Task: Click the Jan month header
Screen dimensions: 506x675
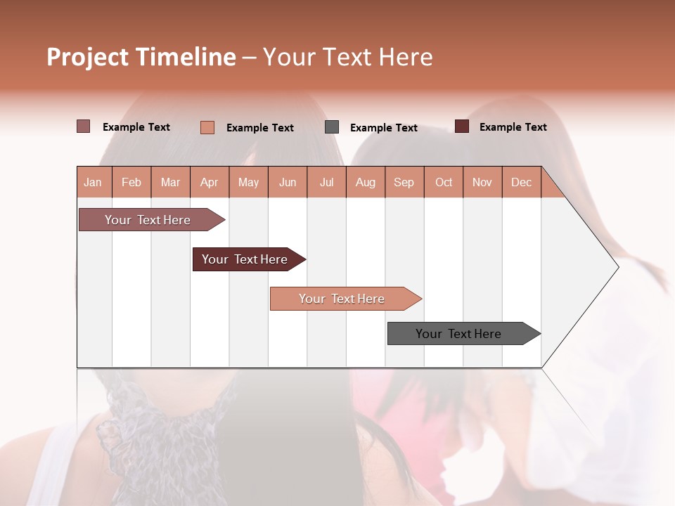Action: pos(93,183)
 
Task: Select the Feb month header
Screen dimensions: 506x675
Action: pos(131,183)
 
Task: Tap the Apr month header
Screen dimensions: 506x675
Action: pos(209,183)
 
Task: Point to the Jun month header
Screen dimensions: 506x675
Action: pos(288,183)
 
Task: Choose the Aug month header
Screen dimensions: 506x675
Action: pos(365,183)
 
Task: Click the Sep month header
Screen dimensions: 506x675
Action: pos(404,183)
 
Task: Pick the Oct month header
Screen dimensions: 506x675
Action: pos(444,183)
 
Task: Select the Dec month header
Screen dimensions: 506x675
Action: pos(521,183)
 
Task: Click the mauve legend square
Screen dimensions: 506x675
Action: pos(84,126)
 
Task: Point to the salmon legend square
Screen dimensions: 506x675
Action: pos(207,127)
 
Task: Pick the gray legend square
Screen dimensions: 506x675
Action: pos(332,127)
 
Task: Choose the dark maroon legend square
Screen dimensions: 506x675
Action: pos(462,126)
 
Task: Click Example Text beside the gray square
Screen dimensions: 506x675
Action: pos(383,128)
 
